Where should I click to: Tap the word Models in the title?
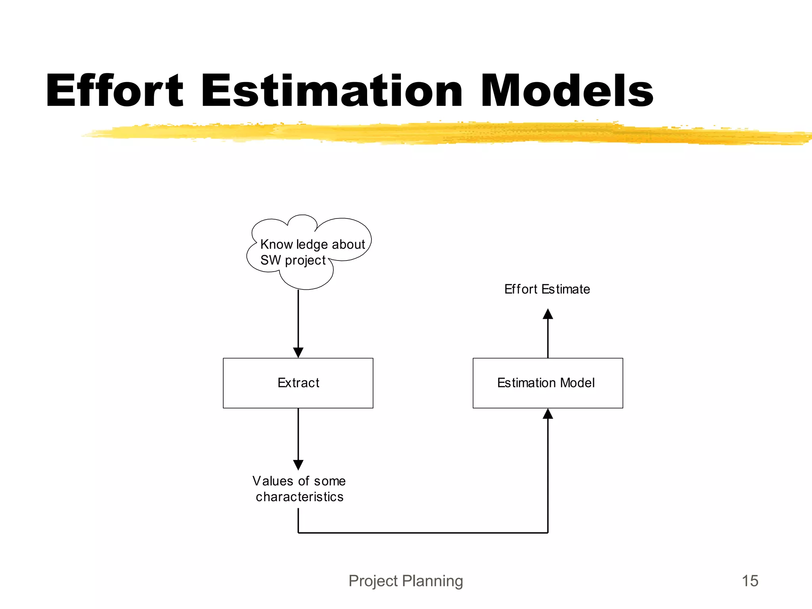tap(567, 91)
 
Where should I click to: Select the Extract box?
tap(298, 383)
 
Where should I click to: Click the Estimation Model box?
tap(548, 383)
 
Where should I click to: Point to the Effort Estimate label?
tap(547, 289)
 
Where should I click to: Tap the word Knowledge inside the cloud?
tap(293, 244)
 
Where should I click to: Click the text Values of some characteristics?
tap(299, 488)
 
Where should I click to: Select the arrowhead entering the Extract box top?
tap(298, 352)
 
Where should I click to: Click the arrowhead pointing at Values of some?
tap(298, 465)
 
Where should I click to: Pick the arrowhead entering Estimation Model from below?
tap(548, 414)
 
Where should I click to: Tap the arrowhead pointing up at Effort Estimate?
tap(548, 314)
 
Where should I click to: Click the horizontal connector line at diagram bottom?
tap(423, 533)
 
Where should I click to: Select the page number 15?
tap(750, 581)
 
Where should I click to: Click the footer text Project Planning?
tap(406, 581)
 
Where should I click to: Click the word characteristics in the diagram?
tap(299, 497)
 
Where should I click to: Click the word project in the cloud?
tap(305, 260)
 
